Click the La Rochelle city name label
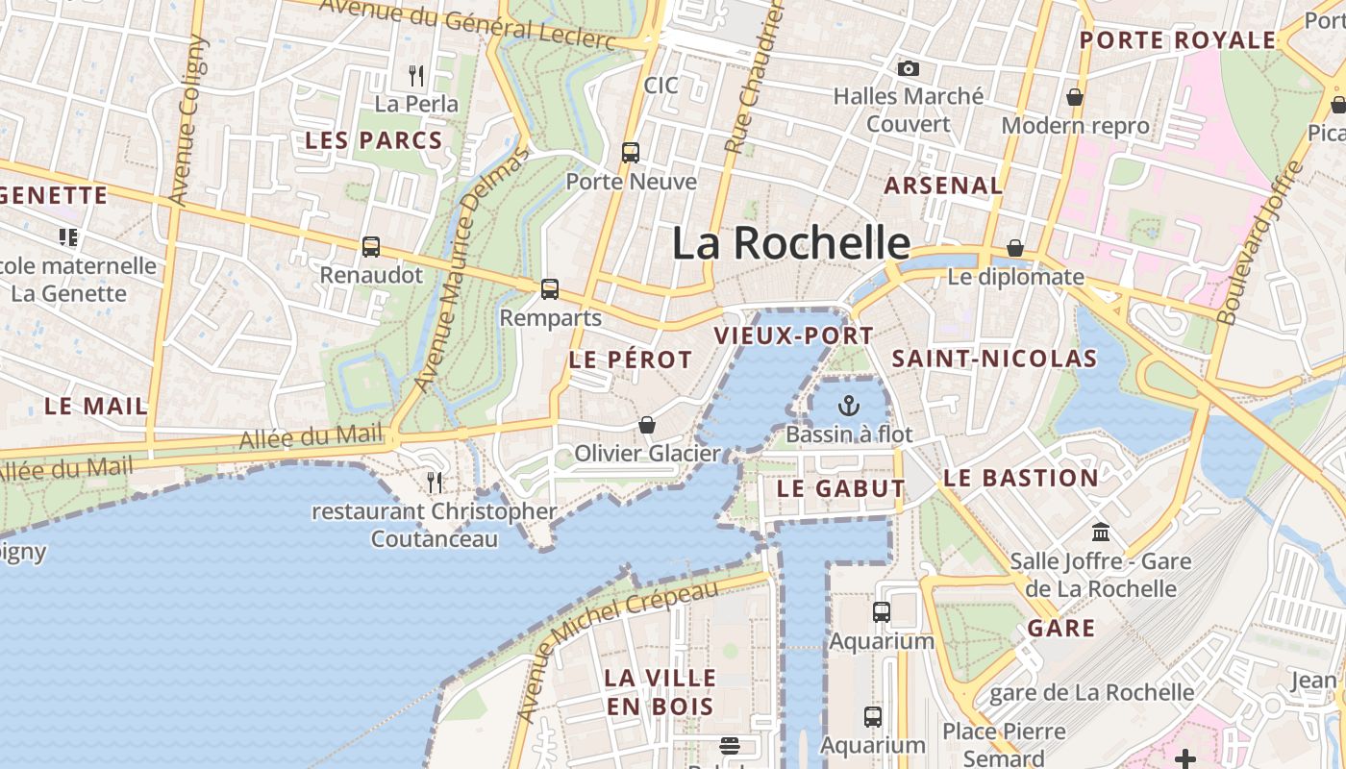point(790,243)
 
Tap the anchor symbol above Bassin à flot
point(848,405)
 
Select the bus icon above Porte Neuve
point(631,152)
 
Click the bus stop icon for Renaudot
point(371,247)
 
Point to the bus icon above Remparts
point(550,288)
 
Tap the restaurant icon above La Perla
point(416,75)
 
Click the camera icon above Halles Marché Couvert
point(908,68)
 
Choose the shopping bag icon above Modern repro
point(1075,97)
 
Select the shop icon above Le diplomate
point(1015,248)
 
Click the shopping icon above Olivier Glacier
point(647,424)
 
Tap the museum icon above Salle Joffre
point(1101,532)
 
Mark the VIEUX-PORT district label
point(794,336)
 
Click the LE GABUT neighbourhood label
point(840,488)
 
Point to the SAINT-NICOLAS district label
point(994,360)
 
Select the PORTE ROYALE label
point(1178,40)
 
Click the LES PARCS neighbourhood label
point(373,140)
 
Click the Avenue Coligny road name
point(187,120)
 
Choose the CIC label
point(661,86)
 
